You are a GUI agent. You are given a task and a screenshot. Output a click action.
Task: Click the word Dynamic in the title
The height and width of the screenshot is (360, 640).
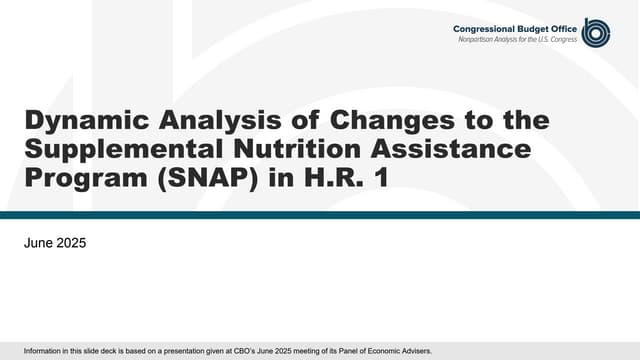pyautogui.click(x=76, y=121)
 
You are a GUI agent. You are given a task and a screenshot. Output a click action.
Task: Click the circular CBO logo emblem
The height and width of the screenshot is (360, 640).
pyautogui.click(x=595, y=32)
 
